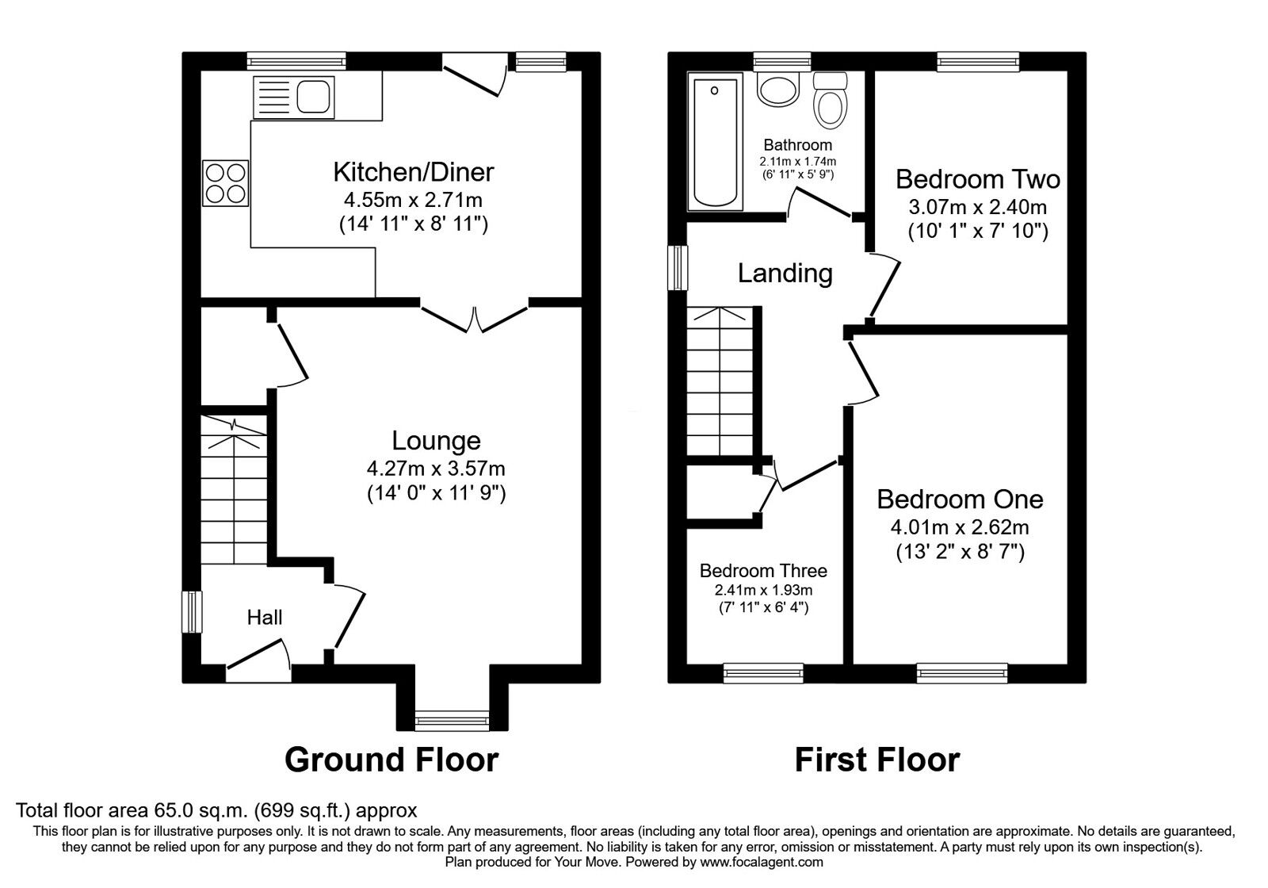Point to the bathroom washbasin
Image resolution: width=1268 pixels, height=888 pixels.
(776, 89)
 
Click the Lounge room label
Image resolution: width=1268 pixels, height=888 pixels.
(436, 441)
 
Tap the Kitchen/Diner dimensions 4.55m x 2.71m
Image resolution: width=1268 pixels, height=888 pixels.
(412, 198)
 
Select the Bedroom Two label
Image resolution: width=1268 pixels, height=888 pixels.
(977, 179)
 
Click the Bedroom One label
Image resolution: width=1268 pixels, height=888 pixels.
(960, 499)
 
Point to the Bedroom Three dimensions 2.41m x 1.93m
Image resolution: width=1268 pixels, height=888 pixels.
(763, 590)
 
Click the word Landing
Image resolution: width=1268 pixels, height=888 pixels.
(785, 274)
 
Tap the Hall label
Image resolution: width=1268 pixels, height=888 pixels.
(264, 618)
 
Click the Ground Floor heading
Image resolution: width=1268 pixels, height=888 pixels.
(391, 760)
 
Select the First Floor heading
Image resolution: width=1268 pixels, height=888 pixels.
(877, 760)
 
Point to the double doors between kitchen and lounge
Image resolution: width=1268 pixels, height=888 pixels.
(474, 316)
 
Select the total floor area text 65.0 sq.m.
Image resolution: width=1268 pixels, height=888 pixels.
(216, 810)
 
